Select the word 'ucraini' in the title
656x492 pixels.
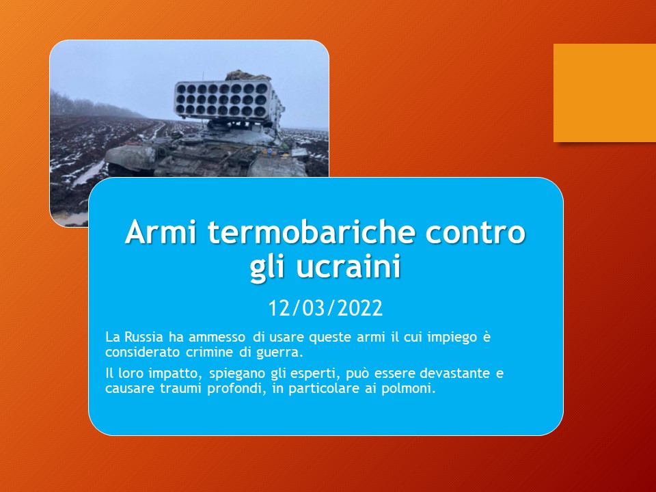[349, 266]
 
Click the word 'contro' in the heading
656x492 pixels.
[476, 232]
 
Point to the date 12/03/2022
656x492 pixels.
[325, 308]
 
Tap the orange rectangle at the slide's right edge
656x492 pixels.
[605, 93]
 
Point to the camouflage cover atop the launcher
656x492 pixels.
[247, 76]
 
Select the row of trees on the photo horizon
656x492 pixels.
[94, 105]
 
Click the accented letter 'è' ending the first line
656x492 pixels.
[487, 337]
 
